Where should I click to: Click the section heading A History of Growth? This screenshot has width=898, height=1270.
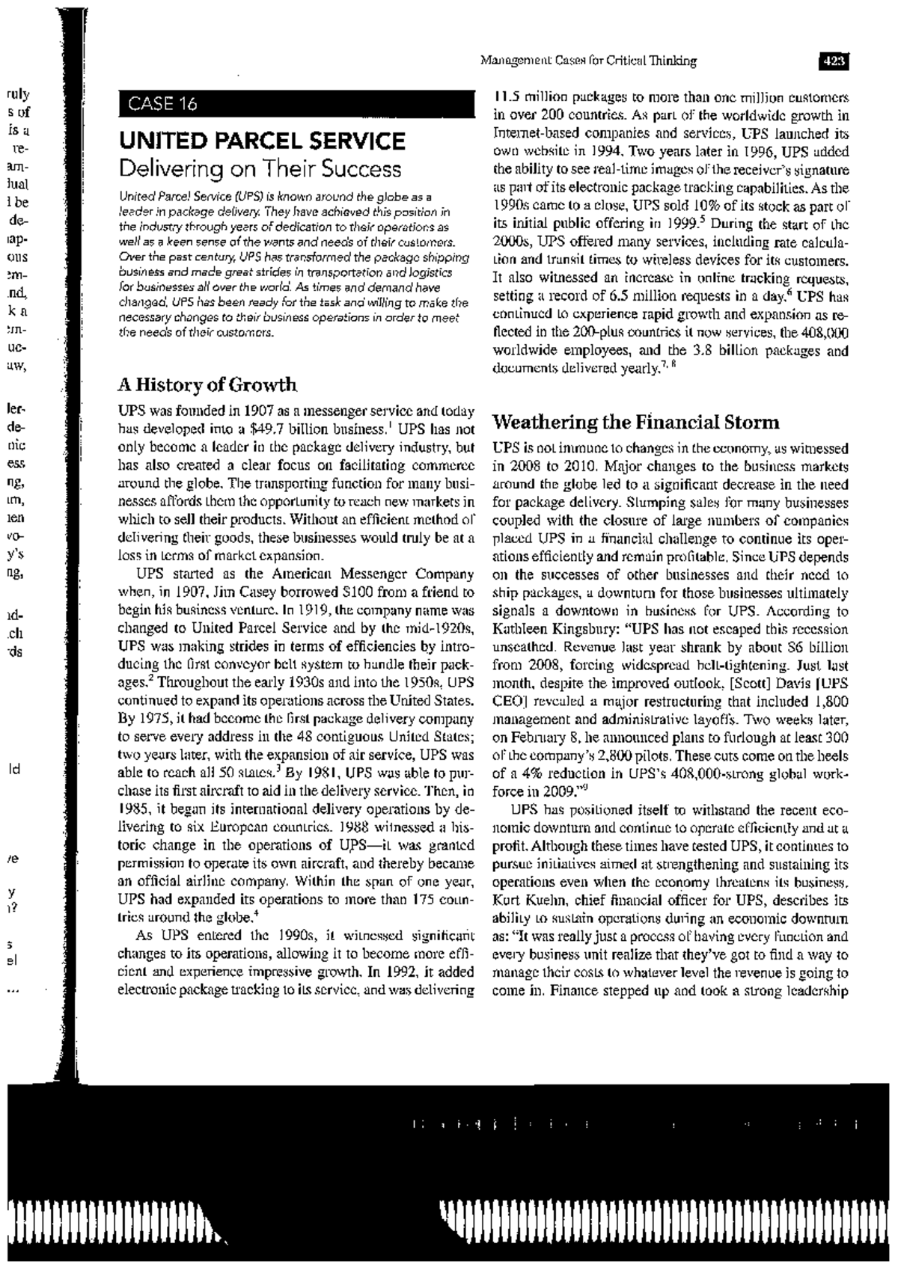pos(207,385)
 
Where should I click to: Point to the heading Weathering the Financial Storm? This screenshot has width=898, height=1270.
pos(635,423)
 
